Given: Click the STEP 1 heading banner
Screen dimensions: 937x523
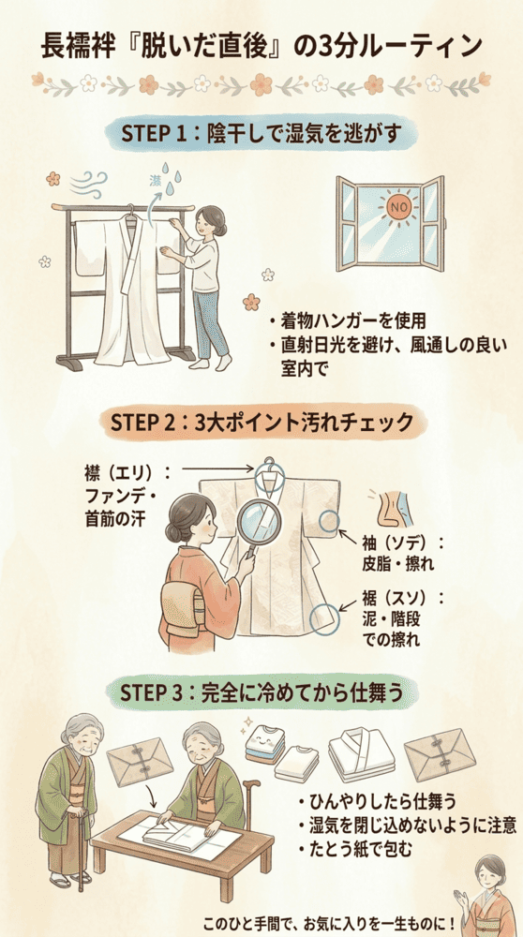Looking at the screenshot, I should (x=261, y=134).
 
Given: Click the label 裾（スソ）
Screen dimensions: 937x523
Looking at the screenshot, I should (x=402, y=598).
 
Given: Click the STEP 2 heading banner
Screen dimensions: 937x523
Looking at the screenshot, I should (x=261, y=423).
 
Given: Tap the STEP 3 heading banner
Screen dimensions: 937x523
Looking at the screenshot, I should (x=261, y=694).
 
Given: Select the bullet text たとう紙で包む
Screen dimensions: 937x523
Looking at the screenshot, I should (x=352, y=849).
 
